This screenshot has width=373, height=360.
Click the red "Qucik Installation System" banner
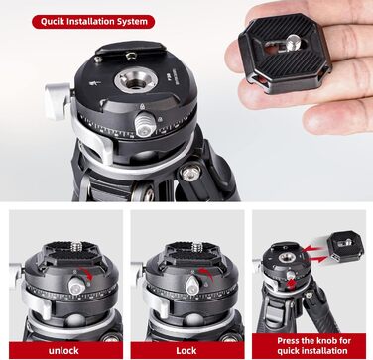pyautogui.click(x=93, y=22)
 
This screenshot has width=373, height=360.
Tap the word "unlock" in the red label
pyautogui.click(x=63, y=350)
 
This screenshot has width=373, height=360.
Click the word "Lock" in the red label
pyautogui.click(x=186, y=350)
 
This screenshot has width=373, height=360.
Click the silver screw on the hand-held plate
pyautogui.click(x=294, y=43)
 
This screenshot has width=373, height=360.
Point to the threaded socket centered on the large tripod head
pyautogui.click(x=136, y=80)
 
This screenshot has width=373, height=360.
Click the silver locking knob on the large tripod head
pyautogui.click(x=145, y=124)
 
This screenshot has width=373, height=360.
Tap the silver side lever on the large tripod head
pyautogui.click(x=59, y=100)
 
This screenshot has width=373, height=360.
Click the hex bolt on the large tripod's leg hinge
pyautogui.click(x=189, y=173)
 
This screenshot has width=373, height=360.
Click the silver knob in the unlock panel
pyautogui.click(x=76, y=286)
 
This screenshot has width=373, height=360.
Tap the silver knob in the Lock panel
pyautogui.click(x=192, y=285)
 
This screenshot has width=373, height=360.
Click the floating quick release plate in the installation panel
pyautogui.click(x=345, y=246)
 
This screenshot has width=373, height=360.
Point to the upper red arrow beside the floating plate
pyautogui.click(x=311, y=248)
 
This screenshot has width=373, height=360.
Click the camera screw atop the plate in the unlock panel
pyautogui.click(x=76, y=245)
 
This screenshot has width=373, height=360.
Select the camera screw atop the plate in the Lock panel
pyautogui.click(x=197, y=246)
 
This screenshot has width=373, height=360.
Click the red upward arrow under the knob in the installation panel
pyautogui.click(x=292, y=284)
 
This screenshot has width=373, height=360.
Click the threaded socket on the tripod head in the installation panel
pyautogui.click(x=286, y=257)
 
